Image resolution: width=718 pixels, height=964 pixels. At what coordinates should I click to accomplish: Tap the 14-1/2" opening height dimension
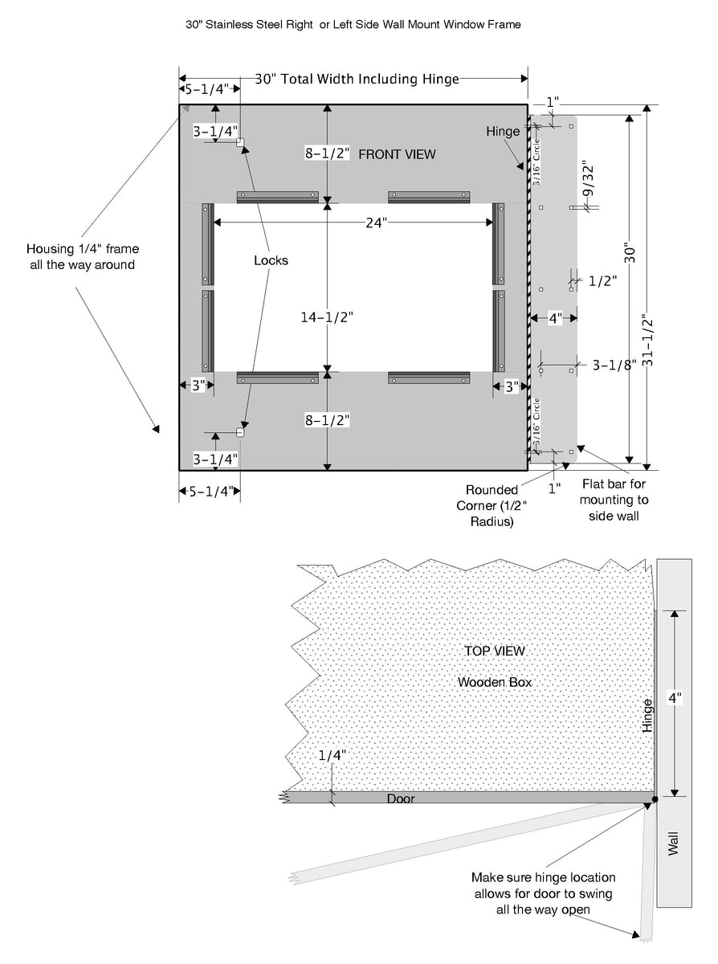pyautogui.click(x=327, y=317)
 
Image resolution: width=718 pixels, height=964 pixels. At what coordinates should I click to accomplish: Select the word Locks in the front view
pyautogui.click(x=271, y=260)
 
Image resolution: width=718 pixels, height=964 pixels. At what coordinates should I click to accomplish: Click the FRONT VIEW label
pyautogui.click(x=397, y=153)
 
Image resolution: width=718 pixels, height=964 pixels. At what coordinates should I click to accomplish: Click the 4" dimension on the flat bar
pyautogui.click(x=555, y=317)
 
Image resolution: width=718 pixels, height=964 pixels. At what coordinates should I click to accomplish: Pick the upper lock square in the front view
pyautogui.click(x=239, y=143)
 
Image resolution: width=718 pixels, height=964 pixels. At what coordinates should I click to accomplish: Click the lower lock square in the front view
pyautogui.click(x=239, y=433)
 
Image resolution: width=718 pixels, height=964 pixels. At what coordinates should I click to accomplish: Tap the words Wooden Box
pyautogui.click(x=495, y=682)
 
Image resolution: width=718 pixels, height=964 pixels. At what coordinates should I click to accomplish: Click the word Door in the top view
pyautogui.click(x=401, y=799)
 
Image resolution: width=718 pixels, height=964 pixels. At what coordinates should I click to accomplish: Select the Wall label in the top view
pyautogui.click(x=673, y=844)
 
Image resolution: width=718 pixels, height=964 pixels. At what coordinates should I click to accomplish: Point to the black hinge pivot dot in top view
pyautogui.click(x=655, y=799)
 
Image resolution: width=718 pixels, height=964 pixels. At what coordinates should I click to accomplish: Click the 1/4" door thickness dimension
pyautogui.click(x=332, y=755)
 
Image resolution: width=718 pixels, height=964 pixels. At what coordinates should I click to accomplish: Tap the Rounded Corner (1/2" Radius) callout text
pyautogui.click(x=488, y=505)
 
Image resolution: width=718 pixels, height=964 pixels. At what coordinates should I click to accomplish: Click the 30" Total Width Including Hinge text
pyautogui.click(x=357, y=79)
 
